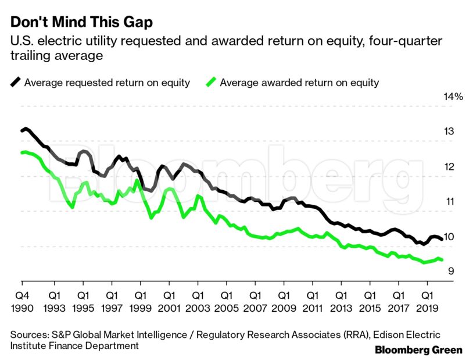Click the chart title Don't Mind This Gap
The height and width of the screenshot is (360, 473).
click(81, 23)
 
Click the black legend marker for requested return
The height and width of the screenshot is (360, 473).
click(16, 83)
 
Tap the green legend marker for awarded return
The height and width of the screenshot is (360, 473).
click(212, 83)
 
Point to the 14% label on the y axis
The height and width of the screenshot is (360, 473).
click(453, 97)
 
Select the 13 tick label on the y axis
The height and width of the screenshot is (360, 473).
click(449, 131)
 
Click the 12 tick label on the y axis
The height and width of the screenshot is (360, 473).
click(449, 167)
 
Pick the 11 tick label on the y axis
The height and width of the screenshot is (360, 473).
click(449, 202)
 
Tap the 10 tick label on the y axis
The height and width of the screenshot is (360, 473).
click(449, 237)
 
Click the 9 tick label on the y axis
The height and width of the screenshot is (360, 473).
click(450, 272)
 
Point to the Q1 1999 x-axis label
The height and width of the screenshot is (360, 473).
click(140, 301)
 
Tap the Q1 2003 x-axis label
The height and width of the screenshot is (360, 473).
click(198, 301)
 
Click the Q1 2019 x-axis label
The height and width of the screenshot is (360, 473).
click(428, 301)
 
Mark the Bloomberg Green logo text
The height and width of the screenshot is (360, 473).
click(418, 350)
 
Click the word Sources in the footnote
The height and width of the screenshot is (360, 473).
click(28, 335)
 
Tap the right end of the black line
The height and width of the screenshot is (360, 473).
click(443, 238)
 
